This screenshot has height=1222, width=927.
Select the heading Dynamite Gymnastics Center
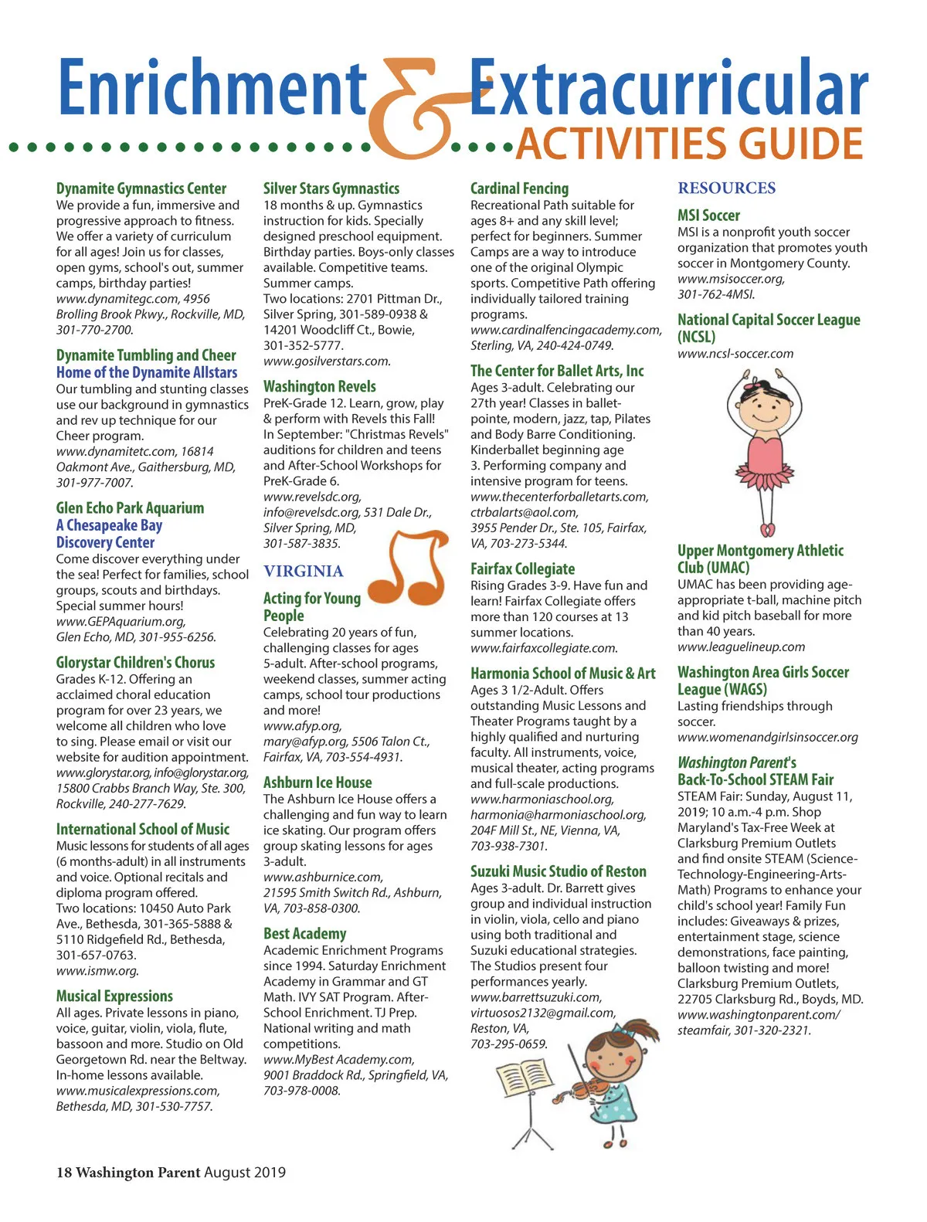pyautogui.click(x=141, y=188)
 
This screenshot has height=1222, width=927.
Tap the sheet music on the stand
pyautogui.click(x=523, y=1076)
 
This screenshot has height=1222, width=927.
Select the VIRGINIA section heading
pyautogui.click(x=303, y=571)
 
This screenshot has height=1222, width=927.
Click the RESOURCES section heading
pyautogui.click(x=726, y=188)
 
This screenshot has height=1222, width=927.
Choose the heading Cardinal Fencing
pyautogui.click(x=519, y=188)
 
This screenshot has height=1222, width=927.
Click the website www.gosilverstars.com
pyautogui.click(x=327, y=361)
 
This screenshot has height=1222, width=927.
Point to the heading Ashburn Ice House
pyautogui.click(x=317, y=782)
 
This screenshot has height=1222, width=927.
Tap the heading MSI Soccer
pyautogui.click(x=708, y=216)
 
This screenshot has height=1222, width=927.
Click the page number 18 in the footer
pyautogui.click(x=63, y=1173)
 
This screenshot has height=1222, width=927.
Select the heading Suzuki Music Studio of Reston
pyautogui.click(x=558, y=871)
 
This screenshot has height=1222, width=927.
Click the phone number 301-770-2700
pyautogui.click(x=94, y=330)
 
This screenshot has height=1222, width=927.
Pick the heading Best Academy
pyautogui.click(x=304, y=934)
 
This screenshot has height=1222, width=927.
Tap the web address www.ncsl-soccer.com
pyautogui.click(x=735, y=354)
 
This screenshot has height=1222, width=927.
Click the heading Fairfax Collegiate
pyautogui.click(x=522, y=569)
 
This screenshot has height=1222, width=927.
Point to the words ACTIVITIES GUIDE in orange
pyautogui.click(x=689, y=144)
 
